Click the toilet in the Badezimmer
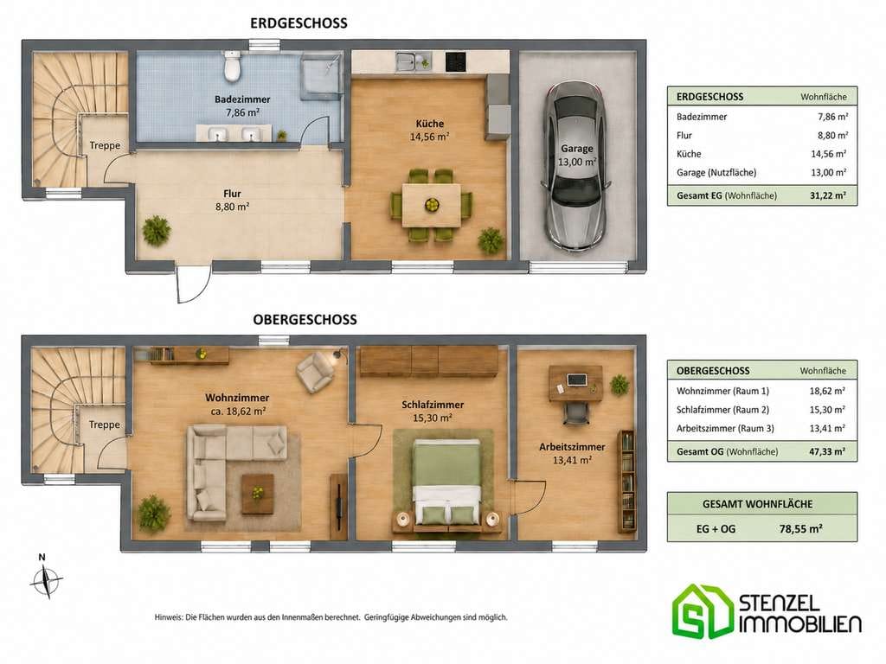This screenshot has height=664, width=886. (232, 66)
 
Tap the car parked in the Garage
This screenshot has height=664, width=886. (575, 166)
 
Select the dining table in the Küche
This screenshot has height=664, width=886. (431, 205)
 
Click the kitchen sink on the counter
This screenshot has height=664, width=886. (413, 61)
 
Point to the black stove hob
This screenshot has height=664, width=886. (456, 61)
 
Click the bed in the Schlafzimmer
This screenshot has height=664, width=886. (447, 482)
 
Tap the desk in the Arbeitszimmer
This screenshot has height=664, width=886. (575, 383)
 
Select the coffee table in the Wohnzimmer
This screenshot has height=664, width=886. (258, 494)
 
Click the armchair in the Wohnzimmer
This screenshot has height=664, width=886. (315, 371)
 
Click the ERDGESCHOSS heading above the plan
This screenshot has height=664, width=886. (299, 23)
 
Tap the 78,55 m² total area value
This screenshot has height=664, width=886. (800, 529)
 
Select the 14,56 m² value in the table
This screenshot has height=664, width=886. (828, 154)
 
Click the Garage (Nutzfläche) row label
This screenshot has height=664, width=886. (716, 173)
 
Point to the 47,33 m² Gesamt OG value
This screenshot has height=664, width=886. (827, 451)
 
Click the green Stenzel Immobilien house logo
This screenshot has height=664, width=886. (702, 611)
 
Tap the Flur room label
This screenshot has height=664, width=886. (232, 193)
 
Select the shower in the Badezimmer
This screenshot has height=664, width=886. (322, 77)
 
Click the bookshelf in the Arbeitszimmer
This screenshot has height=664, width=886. (626, 482)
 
